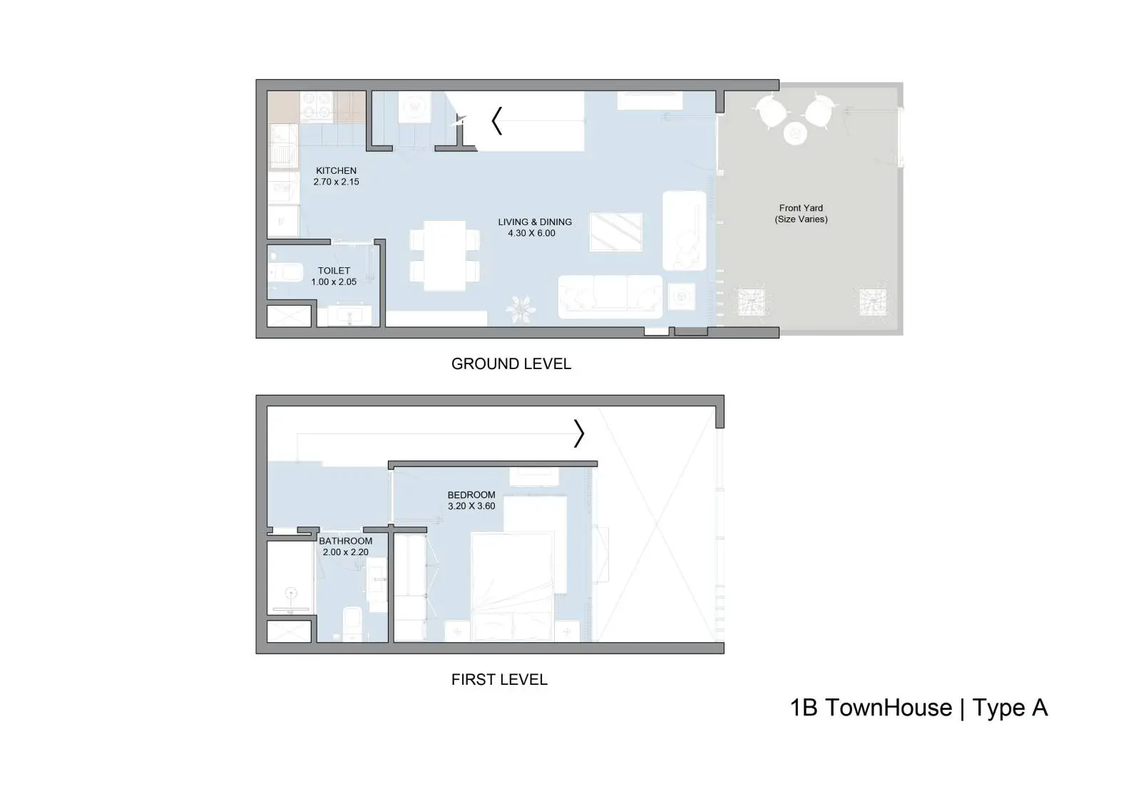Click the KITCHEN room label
coord(336,170)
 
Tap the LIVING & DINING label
coord(535,222)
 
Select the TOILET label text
coord(334,271)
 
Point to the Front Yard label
coord(801,208)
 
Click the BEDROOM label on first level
coord(471,495)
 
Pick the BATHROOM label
coord(345,541)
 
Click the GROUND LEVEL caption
coord(511,363)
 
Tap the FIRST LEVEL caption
coord(499,679)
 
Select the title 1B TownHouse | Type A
coord(919,708)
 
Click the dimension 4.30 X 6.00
coord(531,233)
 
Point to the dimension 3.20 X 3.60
coord(471,506)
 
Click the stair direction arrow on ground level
coord(497,120)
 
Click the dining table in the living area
coord(445,255)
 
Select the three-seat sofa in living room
coord(610,297)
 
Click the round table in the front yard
coord(794,134)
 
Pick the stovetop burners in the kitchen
coord(317,106)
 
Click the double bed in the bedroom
coord(512,587)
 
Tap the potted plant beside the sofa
coord(521,309)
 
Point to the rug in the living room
coord(616,232)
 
